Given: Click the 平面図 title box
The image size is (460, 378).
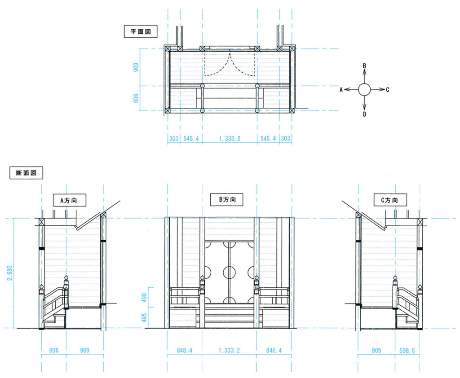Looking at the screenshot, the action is click(141, 31).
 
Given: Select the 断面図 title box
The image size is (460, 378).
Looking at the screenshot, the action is click(26, 173).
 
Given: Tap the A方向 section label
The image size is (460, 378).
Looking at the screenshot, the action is click(69, 200).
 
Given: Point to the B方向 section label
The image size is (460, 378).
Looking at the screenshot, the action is click(227, 199).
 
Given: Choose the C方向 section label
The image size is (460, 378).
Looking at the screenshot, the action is click(390, 200).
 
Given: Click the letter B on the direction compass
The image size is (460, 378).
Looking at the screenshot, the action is click(364, 66).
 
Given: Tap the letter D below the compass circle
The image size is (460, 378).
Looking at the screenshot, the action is click(364, 114).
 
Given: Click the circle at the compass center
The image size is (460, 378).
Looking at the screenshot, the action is click(364, 89).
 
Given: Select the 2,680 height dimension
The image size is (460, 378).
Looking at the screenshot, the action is click(10, 273).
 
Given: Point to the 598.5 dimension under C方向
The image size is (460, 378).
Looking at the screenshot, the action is click(407, 350).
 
